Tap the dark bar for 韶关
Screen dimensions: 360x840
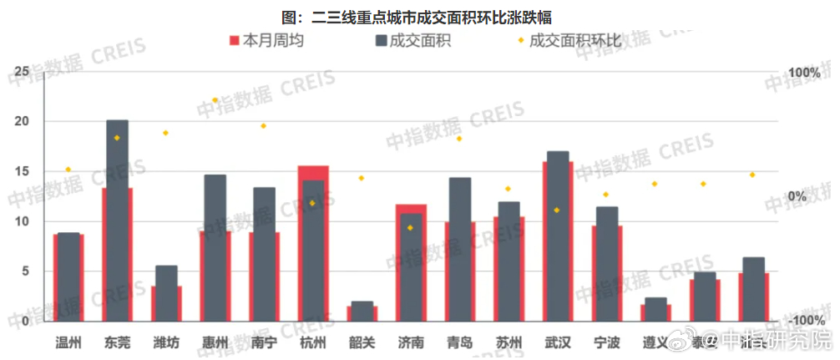[362, 312]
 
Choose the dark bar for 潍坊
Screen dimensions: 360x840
[166, 293]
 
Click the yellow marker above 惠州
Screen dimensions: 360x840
[215, 100]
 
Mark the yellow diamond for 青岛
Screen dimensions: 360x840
[459, 139]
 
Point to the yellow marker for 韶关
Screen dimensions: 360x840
[362, 178]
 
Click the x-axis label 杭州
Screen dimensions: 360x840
[313, 342]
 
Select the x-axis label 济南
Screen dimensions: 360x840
[411, 342]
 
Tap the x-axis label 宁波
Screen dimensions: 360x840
[607, 342]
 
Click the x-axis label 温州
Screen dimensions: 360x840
[68, 342]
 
